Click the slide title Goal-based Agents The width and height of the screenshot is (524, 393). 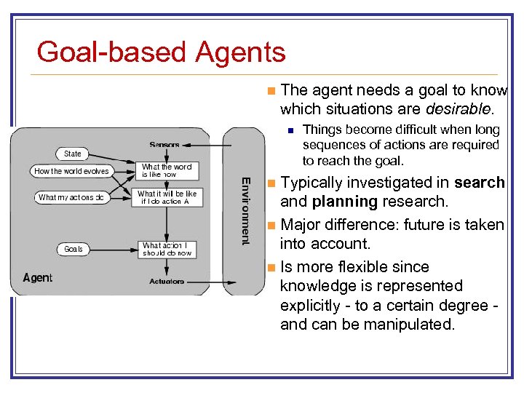pos(161,52)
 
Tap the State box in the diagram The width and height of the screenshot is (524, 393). pos(73,154)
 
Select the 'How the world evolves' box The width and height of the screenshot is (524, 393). pos(71,172)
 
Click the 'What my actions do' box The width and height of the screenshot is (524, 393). pos(71,197)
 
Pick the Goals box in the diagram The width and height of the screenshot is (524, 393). pos(74,249)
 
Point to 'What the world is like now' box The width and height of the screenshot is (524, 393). pos(167,170)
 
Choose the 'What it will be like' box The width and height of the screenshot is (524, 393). pos(167,197)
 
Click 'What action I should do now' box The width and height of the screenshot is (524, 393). pos(167,249)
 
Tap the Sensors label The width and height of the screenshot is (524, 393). pos(164,145)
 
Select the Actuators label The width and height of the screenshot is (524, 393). pos(167,281)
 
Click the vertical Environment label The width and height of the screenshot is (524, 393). pos(246,211)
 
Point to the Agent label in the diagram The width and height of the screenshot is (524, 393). pos(38,277)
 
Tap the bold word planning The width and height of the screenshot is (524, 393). pos(344,202)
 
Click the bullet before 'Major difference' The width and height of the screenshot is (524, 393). pos(271,225)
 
